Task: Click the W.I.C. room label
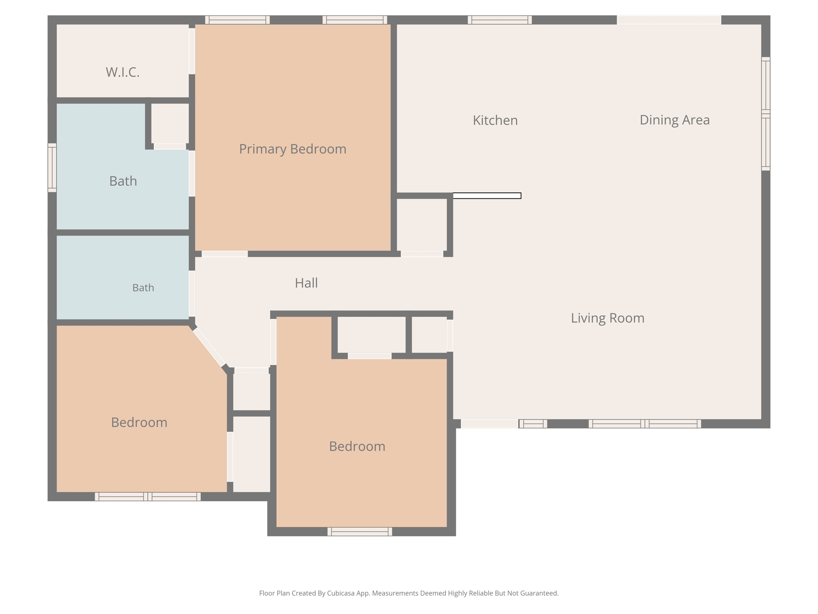[123, 72]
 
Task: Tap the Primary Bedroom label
[293, 149]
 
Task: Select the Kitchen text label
[495, 120]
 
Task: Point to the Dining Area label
[675, 120]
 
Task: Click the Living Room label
[608, 318]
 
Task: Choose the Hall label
[306, 283]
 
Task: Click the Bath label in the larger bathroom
[123, 181]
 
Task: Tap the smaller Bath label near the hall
[143, 288]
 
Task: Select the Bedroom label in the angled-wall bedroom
[139, 423]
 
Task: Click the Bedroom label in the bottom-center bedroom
[357, 447]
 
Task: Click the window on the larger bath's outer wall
[52, 167]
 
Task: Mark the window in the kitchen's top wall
[500, 20]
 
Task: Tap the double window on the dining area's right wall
[766, 114]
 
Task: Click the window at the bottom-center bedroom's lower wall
[360, 532]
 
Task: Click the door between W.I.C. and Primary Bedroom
[192, 51]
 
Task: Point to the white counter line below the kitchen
[487, 196]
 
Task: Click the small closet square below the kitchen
[422, 225]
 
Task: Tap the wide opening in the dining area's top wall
[669, 20]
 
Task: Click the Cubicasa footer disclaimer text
[409, 593]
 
